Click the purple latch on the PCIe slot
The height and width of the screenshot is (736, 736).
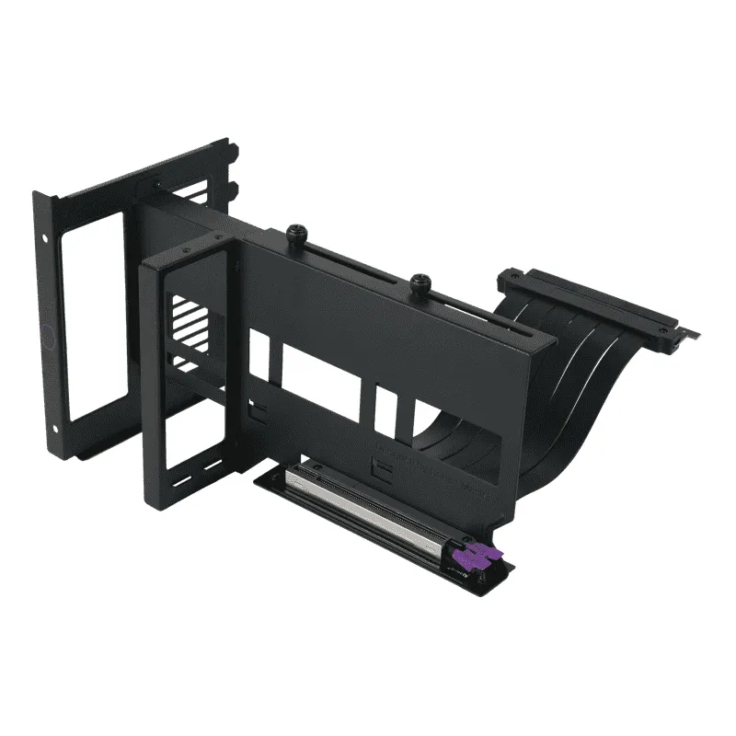click(485, 558)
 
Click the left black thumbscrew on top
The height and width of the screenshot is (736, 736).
click(297, 233)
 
